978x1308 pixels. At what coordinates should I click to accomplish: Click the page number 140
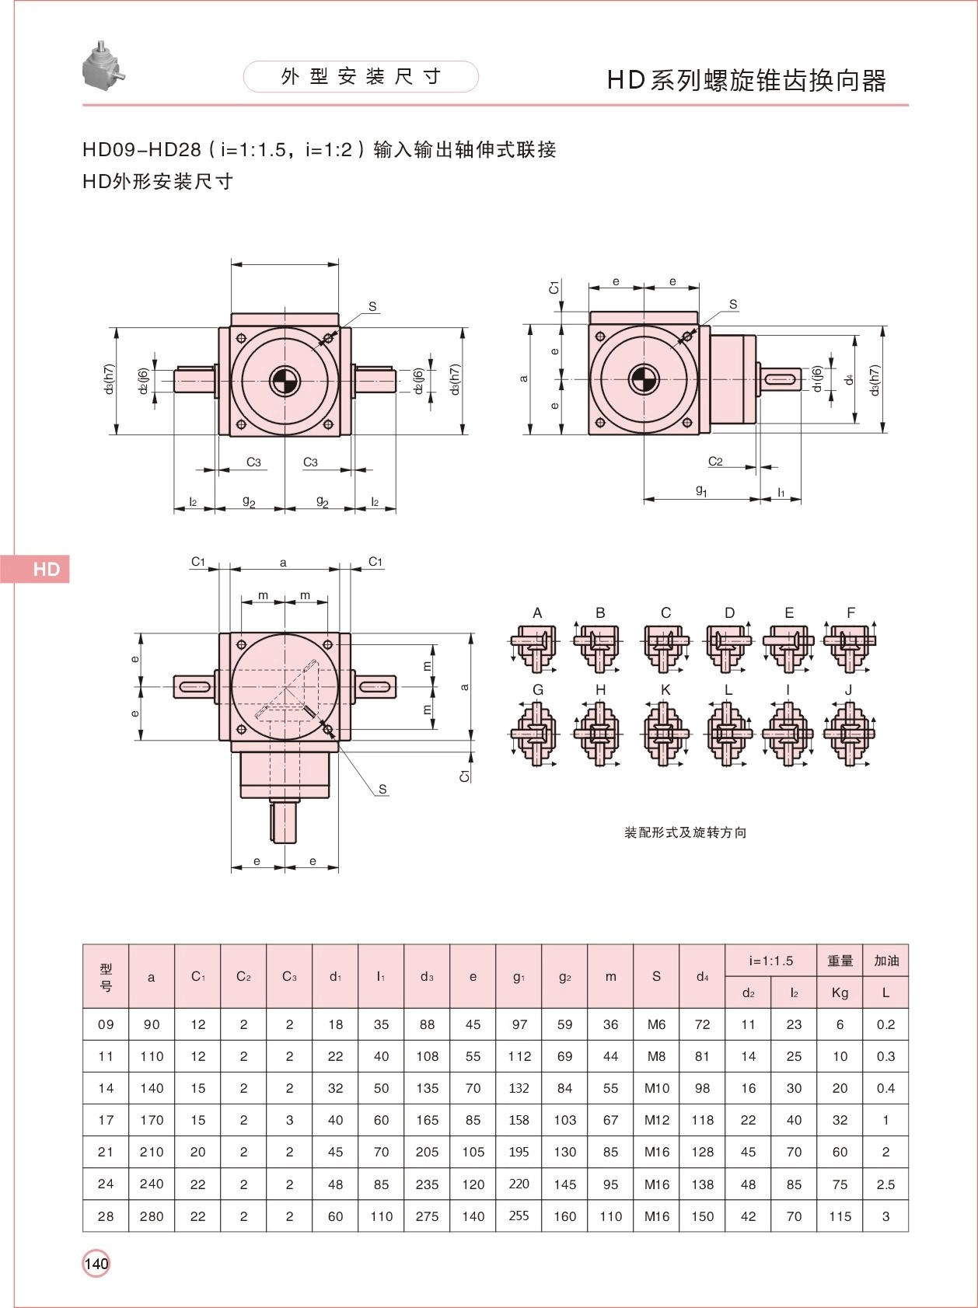[96, 1263]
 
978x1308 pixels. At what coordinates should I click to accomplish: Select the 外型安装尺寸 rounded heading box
[361, 76]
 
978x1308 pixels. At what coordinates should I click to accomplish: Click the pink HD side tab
[35, 569]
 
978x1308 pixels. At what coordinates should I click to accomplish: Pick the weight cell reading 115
[840, 1216]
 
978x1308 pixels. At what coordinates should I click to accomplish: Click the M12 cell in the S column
[656, 1120]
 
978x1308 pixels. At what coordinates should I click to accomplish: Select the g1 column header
[519, 977]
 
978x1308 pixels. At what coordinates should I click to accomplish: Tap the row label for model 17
[106, 1120]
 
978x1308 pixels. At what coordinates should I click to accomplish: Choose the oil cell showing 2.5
[885, 1184]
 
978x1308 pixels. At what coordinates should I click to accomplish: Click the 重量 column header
[840, 961]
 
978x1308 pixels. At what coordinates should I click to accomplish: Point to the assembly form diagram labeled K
[665, 733]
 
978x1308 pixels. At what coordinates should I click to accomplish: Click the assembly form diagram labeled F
[849, 646]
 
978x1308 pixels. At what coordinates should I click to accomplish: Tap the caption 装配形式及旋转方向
[685, 832]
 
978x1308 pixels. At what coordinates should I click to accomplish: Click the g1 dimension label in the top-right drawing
[701, 490]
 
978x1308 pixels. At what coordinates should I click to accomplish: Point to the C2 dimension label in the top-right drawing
[715, 461]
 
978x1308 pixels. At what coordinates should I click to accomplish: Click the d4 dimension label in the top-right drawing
[851, 378]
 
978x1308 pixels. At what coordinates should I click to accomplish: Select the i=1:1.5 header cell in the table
[771, 961]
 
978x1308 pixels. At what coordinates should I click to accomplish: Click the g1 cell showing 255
[519, 1216]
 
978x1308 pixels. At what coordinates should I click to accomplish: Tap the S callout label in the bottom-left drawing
[382, 790]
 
